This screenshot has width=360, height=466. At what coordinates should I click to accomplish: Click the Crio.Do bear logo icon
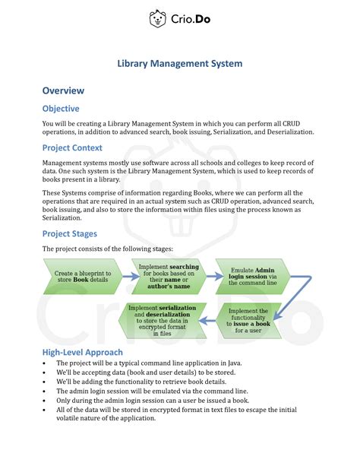[158, 18]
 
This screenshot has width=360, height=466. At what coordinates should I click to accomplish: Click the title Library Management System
[179, 65]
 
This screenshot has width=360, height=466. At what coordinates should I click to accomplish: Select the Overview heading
[63, 90]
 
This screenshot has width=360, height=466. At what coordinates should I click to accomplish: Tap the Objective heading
[61, 109]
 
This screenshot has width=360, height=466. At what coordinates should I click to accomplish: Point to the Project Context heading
[72, 147]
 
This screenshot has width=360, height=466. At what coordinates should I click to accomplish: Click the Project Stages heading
[70, 233]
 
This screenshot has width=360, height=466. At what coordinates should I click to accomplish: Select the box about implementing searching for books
[169, 276]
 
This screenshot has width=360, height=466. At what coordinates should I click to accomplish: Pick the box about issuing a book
[248, 320]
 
